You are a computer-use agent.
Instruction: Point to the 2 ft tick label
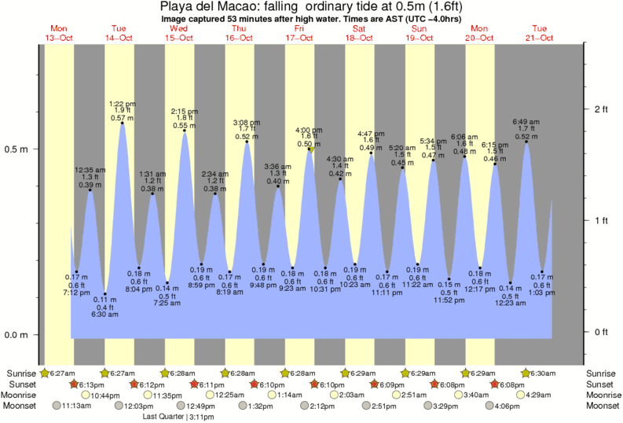[603, 109]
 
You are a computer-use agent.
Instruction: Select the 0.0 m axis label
[17, 335]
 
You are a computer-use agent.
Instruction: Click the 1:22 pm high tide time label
[122, 103]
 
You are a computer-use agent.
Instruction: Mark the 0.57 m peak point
[123, 123]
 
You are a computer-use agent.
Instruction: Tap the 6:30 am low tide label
[105, 314]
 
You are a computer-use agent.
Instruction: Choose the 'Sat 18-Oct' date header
[359, 33]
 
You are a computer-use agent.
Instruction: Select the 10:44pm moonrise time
[104, 395]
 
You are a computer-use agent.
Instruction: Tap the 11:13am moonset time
[75, 406]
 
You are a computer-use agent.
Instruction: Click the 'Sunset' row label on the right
[603, 384]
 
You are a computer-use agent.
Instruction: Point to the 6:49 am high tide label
[526, 122]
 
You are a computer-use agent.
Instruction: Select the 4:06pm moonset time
[514, 406]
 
